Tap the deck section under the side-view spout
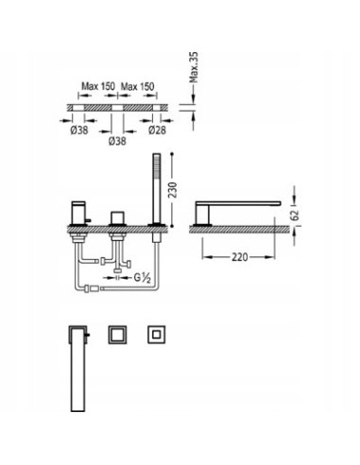click(241, 226)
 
